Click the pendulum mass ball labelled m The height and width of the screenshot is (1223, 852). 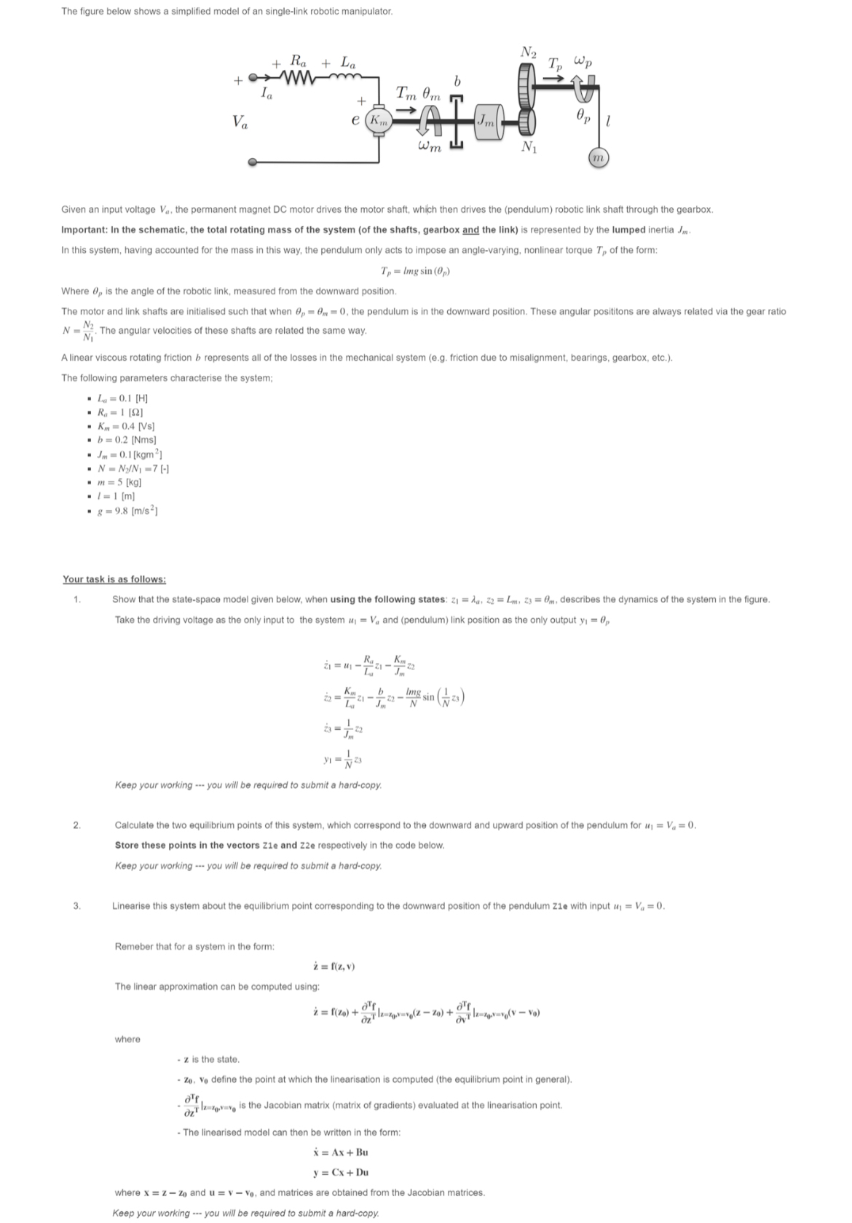pyautogui.click(x=598, y=157)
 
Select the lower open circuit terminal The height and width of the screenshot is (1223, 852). pyautogui.click(x=253, y=162)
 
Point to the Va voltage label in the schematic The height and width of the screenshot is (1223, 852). pyautogui.click(x=240, y=121)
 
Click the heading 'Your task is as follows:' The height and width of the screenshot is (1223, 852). pyautogui.click(x=114, y=579)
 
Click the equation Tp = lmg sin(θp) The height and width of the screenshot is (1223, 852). pyautogui.click(x=416, y=271)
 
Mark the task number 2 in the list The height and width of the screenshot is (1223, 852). pyautogui.click(x=76, y=825)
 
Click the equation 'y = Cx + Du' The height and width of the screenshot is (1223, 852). pyautogui.click(x=340, y=1172)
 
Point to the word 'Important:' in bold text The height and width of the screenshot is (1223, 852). pyautogui.click(x=86, y=229)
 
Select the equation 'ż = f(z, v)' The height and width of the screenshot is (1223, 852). pyautogui.click(x=333, y=967)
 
